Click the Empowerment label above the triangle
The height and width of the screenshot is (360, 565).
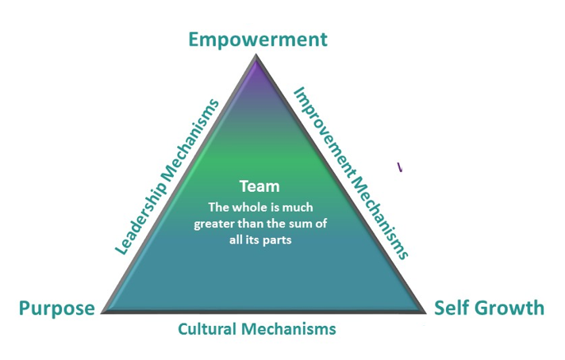pyautogui.click(x=258, y=40)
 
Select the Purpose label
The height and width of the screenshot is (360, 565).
pyautogui.click(x=57, y=309)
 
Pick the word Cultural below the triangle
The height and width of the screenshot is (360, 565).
pyautogui.click(x=207, y=329)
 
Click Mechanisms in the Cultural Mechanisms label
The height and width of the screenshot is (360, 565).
pyautogui.click(x=289, y=329)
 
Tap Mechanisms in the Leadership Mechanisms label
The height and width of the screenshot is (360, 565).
pyautogui.click(x=190, y=139)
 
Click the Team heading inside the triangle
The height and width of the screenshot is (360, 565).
pyautogui.click(x=259, y=186)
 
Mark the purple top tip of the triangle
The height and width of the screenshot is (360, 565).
pyautogui.click(x=256, y=58)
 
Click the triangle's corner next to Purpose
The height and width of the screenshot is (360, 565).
pyautogui.click(x=102, y=312)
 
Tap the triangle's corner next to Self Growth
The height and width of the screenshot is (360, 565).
pyautogui.click(x=425, y=312)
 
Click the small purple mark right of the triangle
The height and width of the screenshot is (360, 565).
pyautogui.click(x=400, y=167)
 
